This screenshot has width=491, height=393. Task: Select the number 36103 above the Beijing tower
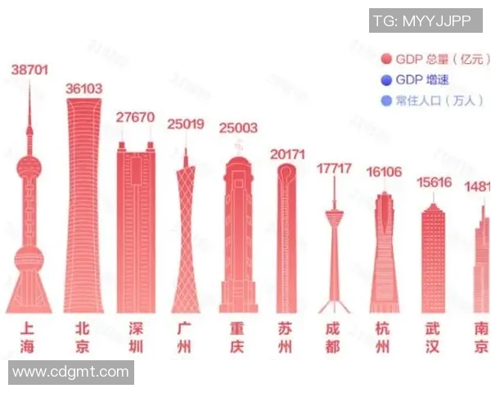(84, 88)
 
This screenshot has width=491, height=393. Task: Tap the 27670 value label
(135, 117)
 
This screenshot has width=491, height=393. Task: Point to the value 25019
(185, 124)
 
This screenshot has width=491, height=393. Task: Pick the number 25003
(237, 128)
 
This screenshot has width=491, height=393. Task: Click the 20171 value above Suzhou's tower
(287, 154)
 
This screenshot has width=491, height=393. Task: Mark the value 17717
(334, 169)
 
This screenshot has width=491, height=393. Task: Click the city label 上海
(29, 337)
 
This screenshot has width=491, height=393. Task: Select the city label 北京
(82, 337)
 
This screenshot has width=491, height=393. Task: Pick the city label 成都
(332, 337)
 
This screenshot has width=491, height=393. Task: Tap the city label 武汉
(433, 337)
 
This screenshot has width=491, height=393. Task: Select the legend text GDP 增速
(422, 79)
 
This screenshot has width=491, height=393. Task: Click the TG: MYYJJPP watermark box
(426, 20)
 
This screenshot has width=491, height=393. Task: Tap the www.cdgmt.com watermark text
(70, 373)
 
